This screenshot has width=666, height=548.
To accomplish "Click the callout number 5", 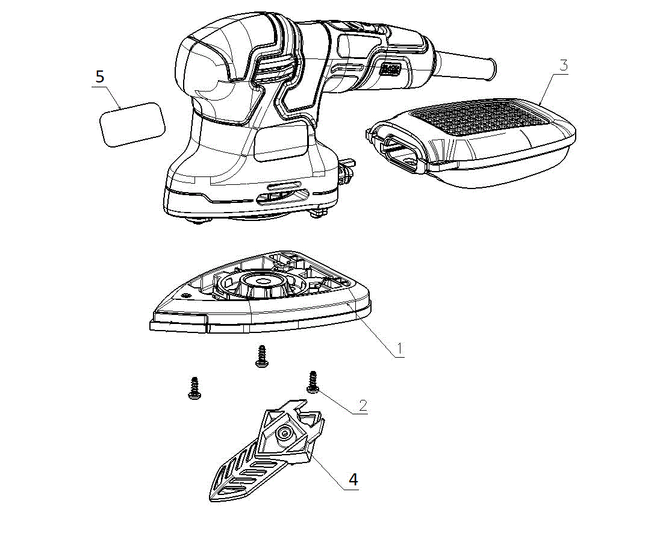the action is [x=100, y=77].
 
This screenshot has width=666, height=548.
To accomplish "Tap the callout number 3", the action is [x=563, y=66].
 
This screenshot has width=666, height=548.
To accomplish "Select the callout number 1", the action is [x=399, y=349].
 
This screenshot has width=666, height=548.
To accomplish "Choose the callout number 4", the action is [x=353, y=479].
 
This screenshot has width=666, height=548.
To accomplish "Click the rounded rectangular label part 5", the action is [x=132, y=124].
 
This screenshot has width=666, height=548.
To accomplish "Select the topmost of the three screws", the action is [x=261, y=356].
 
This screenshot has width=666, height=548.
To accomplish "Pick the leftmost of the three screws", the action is [x=194, y=388].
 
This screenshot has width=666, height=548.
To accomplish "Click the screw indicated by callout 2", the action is [x=313, y=382].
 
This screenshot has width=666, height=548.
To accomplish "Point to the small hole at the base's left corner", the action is [x=184, y=294].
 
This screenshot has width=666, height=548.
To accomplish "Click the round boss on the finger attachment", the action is [x=284, y=433].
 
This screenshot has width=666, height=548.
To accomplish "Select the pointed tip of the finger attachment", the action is [x=211, y=498].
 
